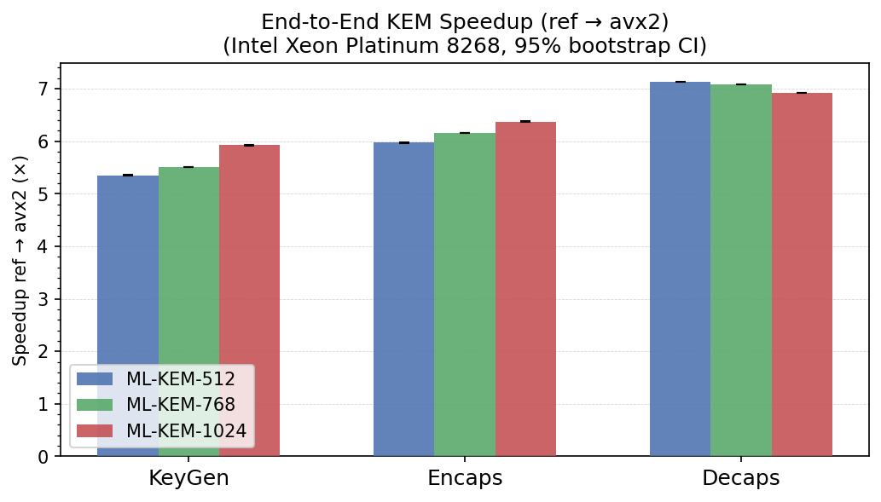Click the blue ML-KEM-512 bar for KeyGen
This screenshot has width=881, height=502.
(x=128, y=273)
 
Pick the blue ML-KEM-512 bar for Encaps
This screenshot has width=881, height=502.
(x=403, y=298)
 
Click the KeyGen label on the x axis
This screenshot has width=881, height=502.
(x=188, y=479)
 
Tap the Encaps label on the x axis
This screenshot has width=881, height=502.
(x=465, y=479)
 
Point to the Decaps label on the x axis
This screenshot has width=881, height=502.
(x=740, y=479)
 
